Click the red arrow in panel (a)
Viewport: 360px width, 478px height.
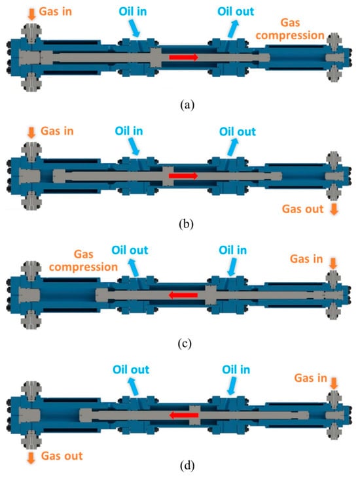coord(184,57)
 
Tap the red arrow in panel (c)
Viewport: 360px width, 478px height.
coord(183,295)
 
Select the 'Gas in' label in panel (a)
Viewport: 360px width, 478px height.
coord(55,12)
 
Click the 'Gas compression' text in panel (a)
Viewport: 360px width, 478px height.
coord(290,29)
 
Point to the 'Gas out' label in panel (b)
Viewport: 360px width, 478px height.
coord(302,209)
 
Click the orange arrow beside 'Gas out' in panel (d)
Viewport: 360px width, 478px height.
coord(31,458)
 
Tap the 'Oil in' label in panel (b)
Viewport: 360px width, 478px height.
coord(129,131)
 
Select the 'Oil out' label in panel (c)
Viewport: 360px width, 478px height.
coord(130,250)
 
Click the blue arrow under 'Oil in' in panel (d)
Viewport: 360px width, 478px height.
coord(232,386)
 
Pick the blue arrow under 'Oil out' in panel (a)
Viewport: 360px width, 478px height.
coord(233,29)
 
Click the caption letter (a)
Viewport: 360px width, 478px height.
coord(187,105)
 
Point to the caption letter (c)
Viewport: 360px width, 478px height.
coord(185,343)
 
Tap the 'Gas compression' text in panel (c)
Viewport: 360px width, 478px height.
coord(83,261)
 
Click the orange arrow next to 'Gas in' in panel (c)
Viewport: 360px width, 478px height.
coord(333,264)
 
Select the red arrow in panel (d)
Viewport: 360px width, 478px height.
coord(184,415)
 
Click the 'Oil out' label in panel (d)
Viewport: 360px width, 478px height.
coord(131,369)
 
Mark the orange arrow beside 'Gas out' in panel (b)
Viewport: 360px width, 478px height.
coord(334,209)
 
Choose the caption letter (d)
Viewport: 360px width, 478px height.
coord(187,466)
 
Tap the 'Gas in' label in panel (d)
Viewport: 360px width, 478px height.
coord(310,378)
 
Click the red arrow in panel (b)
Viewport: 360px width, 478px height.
coord(183,176)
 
